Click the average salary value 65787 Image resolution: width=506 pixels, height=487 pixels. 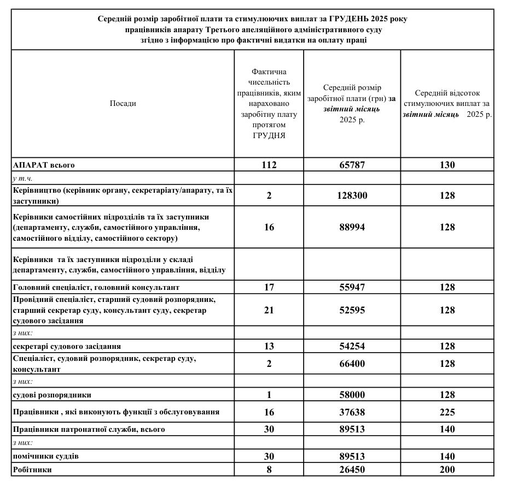[352, 165]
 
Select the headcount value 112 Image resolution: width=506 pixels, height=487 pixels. [269, 165]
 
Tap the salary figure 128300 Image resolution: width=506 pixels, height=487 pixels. [352, 195]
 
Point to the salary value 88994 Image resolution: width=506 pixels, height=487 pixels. [352, 227]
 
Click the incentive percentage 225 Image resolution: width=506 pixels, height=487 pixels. [447, 413]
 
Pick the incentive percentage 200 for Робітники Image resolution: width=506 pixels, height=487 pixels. [447, 470]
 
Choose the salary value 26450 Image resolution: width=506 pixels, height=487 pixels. [352, 470]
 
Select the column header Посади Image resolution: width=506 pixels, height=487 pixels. [123, 103]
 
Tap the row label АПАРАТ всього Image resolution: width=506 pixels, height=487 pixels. [44, 165]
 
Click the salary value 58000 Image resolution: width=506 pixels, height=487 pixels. [352, 394]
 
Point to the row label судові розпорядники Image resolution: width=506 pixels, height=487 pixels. [52, 395]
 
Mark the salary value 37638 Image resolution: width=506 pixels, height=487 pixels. [352, 413]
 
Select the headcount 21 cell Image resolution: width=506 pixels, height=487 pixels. [269, 310]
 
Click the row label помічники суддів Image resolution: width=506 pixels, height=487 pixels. [49, 456]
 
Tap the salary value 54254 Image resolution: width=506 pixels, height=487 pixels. [352, 346]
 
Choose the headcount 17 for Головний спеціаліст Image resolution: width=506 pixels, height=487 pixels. [269, 287]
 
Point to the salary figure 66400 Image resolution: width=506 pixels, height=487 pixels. [352, 364]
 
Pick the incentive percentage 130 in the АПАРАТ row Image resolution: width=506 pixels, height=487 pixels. [447, 165]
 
